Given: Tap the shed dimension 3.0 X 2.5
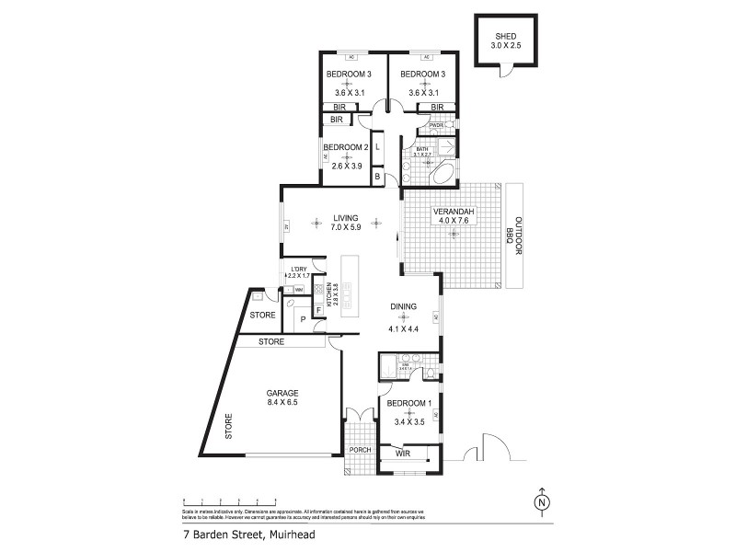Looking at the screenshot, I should point(501,46).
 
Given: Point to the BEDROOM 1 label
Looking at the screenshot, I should point(408,404).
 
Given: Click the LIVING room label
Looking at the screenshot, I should point(345,218).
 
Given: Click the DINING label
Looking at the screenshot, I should point(403,307).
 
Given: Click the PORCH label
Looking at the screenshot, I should point(360,450).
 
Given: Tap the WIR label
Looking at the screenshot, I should point(401,454).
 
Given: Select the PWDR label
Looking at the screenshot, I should point(423,125).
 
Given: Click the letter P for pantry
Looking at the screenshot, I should point(302,319).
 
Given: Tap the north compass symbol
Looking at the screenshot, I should point(543,502).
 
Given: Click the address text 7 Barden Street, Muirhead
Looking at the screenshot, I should point(236,533).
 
